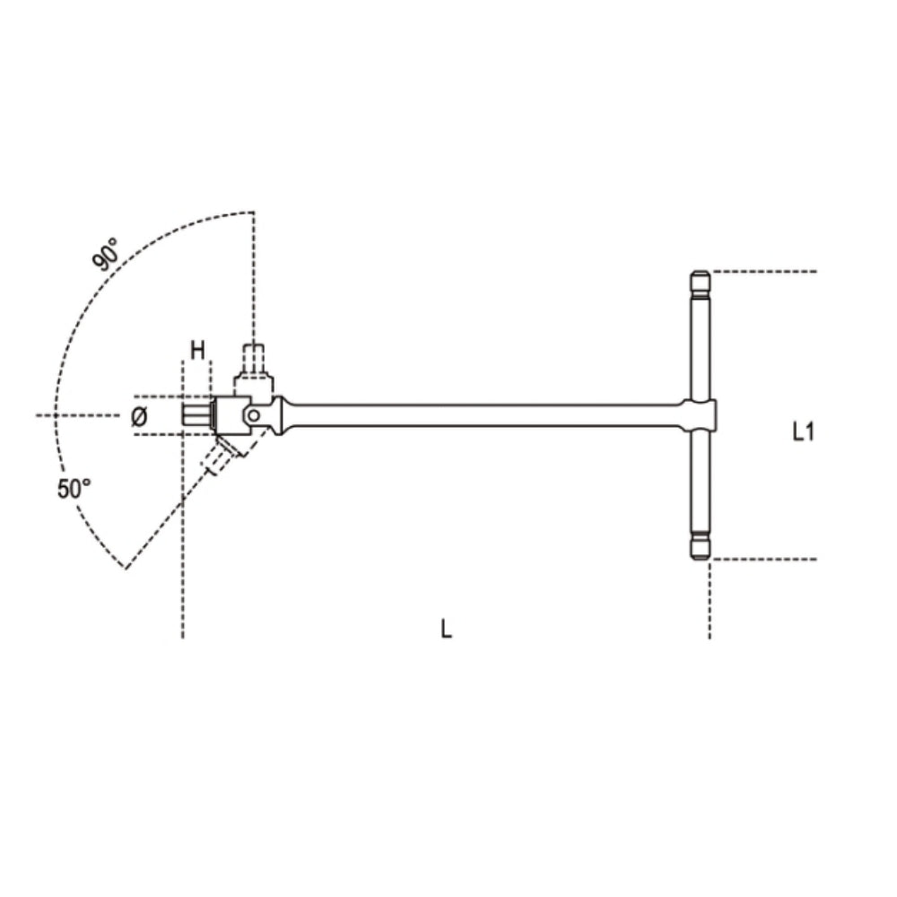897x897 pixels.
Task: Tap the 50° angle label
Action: [x=74, y=489]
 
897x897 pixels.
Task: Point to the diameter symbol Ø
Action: [x=139, y=416]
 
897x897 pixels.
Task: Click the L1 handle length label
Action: [x=804, y=432]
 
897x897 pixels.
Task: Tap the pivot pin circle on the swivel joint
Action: [x=254, y=415]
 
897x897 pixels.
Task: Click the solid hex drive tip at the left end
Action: [x=196, y=415]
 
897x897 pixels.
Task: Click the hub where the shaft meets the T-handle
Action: [x=700, y=414]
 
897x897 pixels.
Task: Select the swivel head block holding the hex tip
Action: [x=224, y=415]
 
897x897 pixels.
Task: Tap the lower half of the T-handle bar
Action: [x=699, y=484]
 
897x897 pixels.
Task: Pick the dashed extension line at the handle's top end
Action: [x=762, y=271]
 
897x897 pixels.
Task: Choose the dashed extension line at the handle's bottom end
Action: [x=762, y=559]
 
